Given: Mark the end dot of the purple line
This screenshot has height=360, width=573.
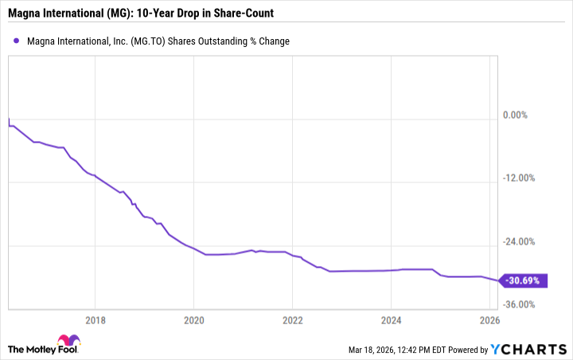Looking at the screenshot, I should [499, 280].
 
